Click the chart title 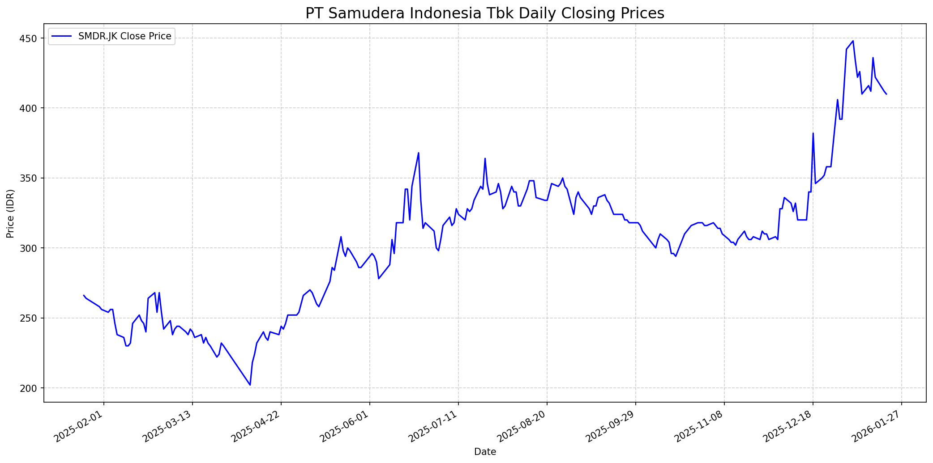click(x=485, y=13)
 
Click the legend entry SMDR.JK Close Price click(x=124, y=37)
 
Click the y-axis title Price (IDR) click(x=10, y=213)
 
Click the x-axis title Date click(x=485, y=452)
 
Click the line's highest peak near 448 click(x=853, y=41)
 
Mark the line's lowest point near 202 click(x=250, y=385)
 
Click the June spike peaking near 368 click(x=419, y=153)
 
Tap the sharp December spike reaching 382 click(x=813, y=133)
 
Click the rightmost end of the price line click(x=886, y=94)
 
